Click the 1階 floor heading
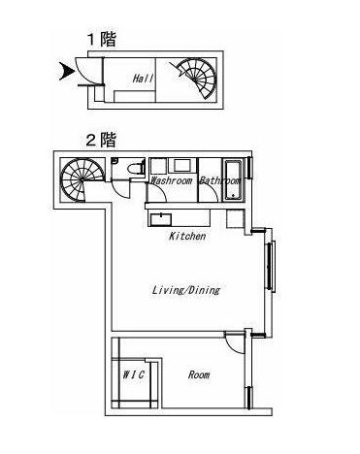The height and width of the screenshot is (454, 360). click(x=102, y=40)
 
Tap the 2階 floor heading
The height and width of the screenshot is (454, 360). click(x=101, y=140)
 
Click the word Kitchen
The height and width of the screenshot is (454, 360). click(x=186, y=237)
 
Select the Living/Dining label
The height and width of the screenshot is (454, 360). click(x=185, y=289)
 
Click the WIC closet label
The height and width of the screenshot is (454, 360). click(x=133, y=373)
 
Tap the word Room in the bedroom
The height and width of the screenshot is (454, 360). click(x=198, y=373)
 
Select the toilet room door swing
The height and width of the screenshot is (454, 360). click(x=119, y=187)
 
